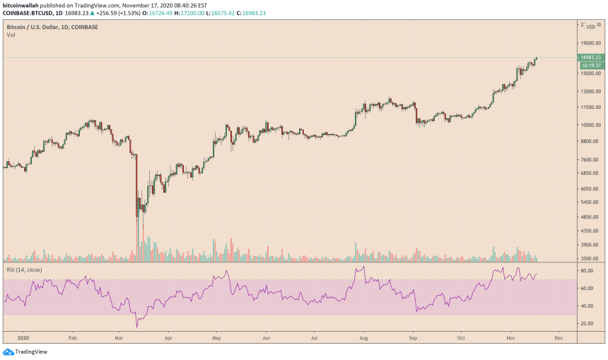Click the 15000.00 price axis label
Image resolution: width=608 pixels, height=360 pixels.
click(x=590, y=74)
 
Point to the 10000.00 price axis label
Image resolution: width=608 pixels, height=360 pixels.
click(x=590, y=125)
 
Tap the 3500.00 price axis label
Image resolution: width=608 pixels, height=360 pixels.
click(x=591, y=259)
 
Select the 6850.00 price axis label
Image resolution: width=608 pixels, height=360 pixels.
click(x=591, y=173)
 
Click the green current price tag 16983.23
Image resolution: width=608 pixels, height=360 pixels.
click(x=590, y=57)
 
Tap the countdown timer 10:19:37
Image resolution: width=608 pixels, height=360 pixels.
click(x=590, y=65)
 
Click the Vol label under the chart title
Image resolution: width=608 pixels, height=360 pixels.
click(x=11, y=35)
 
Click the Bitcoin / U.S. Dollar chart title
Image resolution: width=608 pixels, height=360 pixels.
click(x=52, y=27)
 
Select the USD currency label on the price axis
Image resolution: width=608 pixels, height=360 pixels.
click(x=590, y=27)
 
